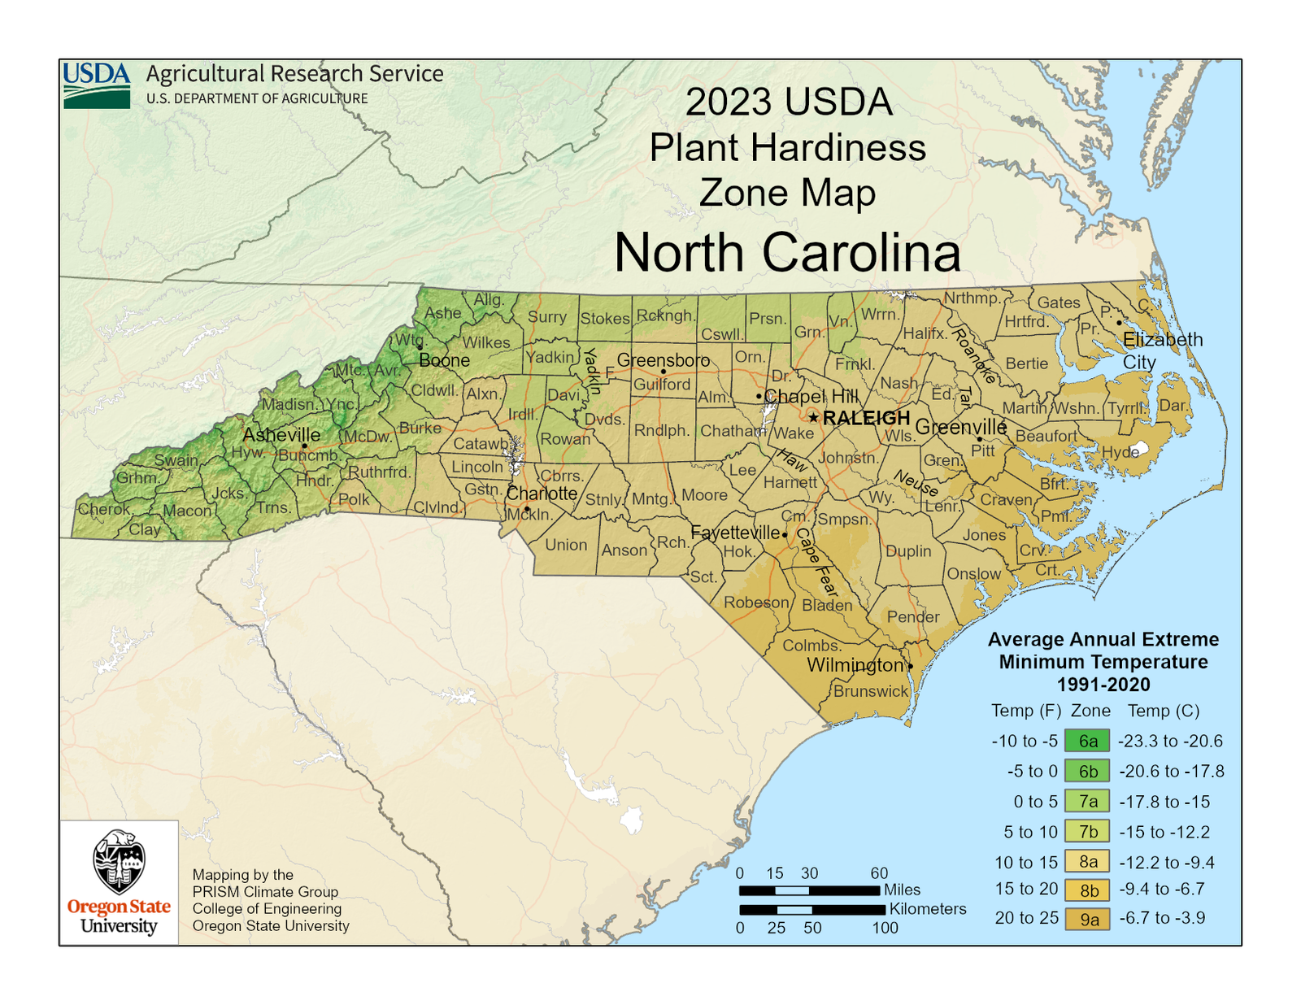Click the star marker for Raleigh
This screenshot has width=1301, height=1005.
[x=813, y=418]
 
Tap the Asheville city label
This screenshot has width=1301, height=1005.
[x=281, y=434]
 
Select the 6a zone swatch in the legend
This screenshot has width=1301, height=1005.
[x=1087, y=741]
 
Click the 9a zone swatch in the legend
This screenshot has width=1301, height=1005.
[x=1087, y=919]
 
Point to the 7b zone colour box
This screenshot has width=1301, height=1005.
[x=1087, y=832]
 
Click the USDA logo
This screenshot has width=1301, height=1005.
[x=97, y=85]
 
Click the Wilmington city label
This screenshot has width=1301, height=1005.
[x=855, y=665]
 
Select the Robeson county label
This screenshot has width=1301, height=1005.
[x=756, y=603]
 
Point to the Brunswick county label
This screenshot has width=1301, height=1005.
[x=871, y=691]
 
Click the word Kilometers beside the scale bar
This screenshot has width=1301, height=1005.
[x=928, y=909]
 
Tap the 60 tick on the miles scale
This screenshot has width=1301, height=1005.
[x=879, y=873]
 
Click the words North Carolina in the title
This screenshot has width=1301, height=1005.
[x=787, y=252]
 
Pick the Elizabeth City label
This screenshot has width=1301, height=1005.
[x=1162, y=350]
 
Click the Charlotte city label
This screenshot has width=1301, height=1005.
[x=542, y=494]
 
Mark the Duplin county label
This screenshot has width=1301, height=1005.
[x=908, y=551]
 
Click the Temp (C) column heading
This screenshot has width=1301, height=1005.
[x=1163, y=711]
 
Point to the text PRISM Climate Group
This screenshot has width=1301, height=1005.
[x=265, y=892]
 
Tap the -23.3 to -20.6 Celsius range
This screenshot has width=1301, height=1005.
[x=1170, y=741]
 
